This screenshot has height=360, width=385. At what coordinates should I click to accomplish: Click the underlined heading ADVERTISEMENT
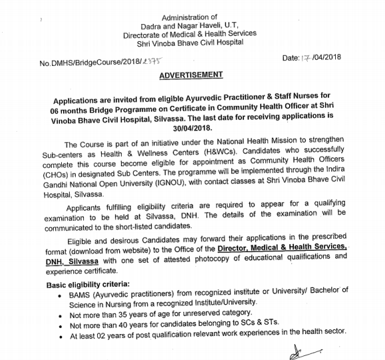192,76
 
